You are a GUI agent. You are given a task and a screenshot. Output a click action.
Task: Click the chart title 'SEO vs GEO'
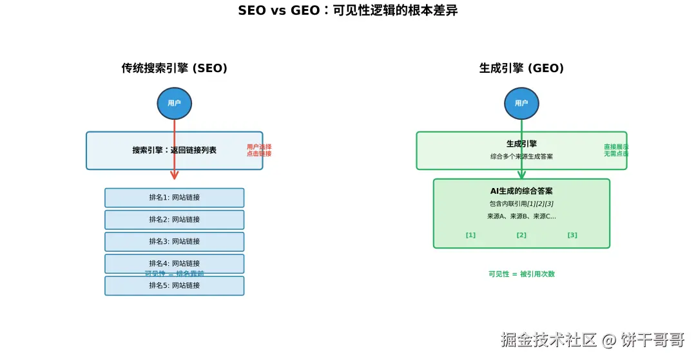point(347,11)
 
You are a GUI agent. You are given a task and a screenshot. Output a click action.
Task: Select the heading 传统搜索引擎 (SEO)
point(174,68)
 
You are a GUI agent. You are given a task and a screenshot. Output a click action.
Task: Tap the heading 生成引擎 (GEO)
point(521,68)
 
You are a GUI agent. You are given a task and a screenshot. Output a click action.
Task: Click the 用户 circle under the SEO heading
point(174,103)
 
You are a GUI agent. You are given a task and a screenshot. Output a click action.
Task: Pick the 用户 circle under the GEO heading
point(521,103)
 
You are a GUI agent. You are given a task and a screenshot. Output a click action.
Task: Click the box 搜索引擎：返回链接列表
point(174,151)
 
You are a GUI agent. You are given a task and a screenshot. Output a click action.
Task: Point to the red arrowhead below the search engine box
point(174,175)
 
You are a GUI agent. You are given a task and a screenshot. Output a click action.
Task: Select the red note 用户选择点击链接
point(259,150)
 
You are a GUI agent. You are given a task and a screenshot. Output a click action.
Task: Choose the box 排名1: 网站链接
point(174,198)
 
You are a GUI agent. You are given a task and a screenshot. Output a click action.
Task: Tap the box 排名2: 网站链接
point(174,220)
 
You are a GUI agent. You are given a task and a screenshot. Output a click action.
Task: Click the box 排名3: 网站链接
point(174,242)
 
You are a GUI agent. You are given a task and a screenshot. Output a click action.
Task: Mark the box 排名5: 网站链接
point(174,285)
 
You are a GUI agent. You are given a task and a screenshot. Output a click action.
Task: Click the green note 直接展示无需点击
point(616,150)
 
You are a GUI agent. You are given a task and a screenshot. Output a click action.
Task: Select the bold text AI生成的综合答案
point(521,191)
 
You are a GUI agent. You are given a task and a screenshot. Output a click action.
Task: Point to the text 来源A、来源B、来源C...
point(521,216)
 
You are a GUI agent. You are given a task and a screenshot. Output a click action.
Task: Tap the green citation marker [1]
point(470,235)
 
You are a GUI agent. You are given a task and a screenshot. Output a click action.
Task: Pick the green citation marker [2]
point(521,235)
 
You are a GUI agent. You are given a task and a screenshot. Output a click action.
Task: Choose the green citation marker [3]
point(572,235)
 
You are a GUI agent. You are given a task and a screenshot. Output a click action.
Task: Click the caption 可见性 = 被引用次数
point(521,274)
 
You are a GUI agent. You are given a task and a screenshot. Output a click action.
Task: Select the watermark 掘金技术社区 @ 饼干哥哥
point(592,340)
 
